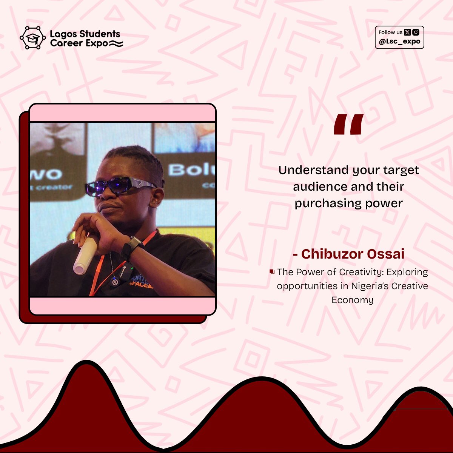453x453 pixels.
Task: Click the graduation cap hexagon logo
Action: pyautogui.click(x=33, y=38)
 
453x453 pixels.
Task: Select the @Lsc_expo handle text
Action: pyautogui.click(x=399, y=42)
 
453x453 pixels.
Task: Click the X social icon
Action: pyautogui.click(x=407, y=32)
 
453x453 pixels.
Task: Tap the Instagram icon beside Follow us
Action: pyautogui.click(x=416, y=32)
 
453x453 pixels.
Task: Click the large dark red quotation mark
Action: pyautogui.click(x=348, y=125)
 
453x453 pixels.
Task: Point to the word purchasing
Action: pyautogui.click(x=324, y=203)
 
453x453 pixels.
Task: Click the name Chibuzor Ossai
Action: pyautogui.click(x=353, y=254)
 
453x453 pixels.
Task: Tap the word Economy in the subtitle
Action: pyautogui.click(x=353, y=300)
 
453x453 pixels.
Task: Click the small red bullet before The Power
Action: pyautogui.click(x=272, y=271)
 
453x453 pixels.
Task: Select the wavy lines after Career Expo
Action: pyautogui.click(x=116, y=44)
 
